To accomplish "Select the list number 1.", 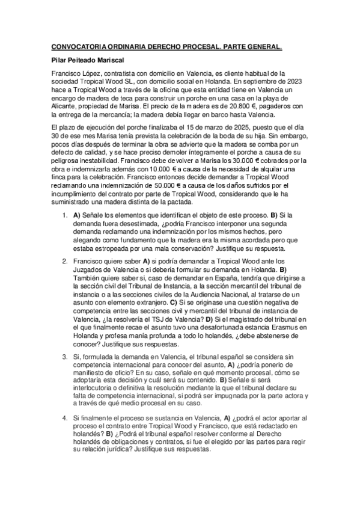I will click(x=65, y=215).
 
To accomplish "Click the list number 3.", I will click(x=65, y=340).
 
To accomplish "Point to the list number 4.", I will click(x=65, y=417).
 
